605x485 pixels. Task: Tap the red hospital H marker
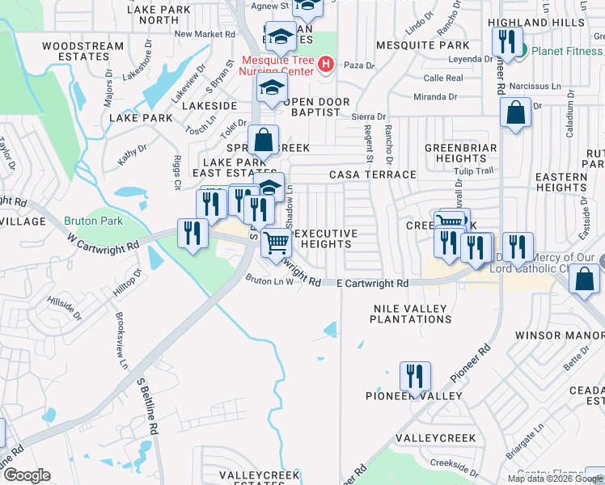326,64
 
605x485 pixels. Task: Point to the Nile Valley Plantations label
410,314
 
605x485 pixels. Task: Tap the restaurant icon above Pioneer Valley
414,377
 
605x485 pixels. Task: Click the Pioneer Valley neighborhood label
413,396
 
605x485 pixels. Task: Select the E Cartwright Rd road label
371,284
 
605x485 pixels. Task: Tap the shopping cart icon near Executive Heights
277,241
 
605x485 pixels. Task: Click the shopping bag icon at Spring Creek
264,141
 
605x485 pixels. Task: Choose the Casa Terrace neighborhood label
372,175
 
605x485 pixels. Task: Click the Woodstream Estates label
82,51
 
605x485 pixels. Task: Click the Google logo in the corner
27,475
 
